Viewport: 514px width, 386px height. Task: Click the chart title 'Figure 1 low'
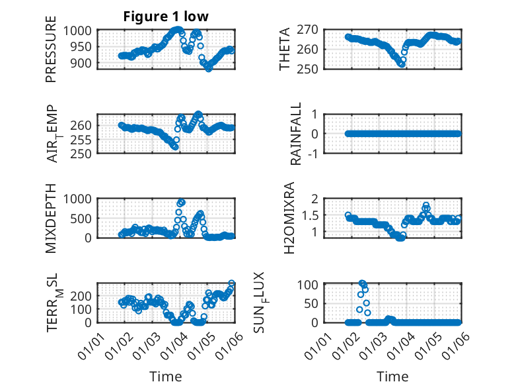(166, 17)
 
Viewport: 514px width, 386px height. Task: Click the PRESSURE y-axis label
(51, 54)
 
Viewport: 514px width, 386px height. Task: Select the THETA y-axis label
(285, 49)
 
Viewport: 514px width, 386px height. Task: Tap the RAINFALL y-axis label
(297, 134)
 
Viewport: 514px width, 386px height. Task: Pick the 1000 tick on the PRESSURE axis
(82, 30)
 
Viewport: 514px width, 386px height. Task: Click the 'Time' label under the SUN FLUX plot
(392, 376)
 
